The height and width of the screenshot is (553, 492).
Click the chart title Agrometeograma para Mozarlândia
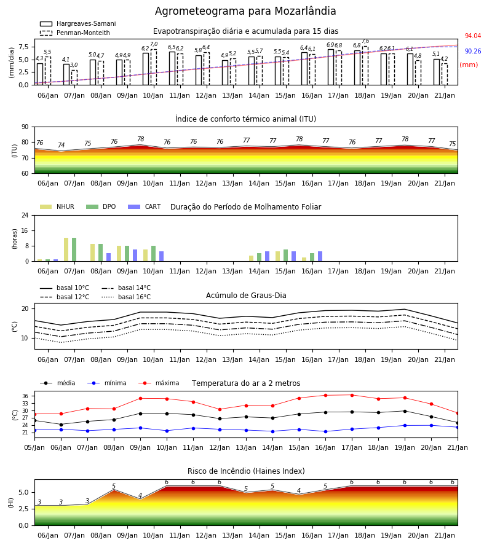[245, 11]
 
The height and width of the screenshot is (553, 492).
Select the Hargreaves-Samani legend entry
[78, 23]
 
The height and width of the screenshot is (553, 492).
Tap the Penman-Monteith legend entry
[75, 33]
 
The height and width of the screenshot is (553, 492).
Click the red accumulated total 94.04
[473, 36]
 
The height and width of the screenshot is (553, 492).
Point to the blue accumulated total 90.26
[473, 52]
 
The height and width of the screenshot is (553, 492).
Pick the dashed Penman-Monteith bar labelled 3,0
[74, 77]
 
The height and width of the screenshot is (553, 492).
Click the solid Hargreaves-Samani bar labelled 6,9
[331, 68]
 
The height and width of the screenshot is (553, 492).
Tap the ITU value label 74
[61, 145]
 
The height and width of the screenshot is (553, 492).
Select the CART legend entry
[145, 206]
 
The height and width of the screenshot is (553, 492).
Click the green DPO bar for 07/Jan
[74, 249]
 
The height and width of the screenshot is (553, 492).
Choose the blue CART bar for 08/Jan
[108, 257]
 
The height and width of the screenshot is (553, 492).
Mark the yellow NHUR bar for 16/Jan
[304, 259]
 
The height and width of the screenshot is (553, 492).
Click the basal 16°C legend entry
[126, 297]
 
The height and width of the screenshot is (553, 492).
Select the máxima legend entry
[159, 383]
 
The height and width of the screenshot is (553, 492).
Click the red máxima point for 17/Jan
[352, 395]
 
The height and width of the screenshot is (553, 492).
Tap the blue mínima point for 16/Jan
[325, 432]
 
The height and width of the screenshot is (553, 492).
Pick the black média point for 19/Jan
[405, 411]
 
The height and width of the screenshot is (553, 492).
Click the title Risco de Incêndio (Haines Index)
[246, 471]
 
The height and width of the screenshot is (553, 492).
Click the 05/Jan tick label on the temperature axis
[34, 447]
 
